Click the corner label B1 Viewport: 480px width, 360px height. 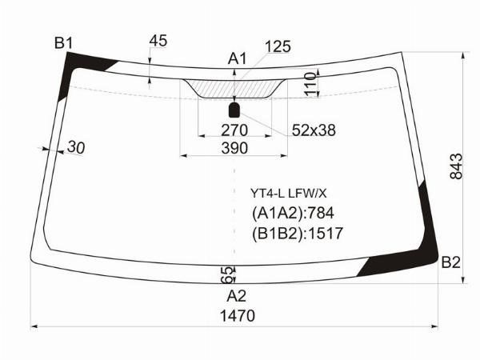[x=64, y=43]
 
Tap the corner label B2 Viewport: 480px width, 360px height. [x=450, y=262]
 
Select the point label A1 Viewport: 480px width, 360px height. [x=237, y=58]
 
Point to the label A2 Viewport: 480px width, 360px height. [x=236, y=296]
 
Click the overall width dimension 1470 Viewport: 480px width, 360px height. [x=238, y=316]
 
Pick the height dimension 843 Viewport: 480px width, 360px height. [x=456, y=166]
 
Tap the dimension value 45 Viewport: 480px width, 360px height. [x=158, y=41]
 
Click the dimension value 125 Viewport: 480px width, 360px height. [x=278, y=46]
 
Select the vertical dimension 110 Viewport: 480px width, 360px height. [x=310, y=84]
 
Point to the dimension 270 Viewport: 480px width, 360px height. [x=234, y=130]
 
